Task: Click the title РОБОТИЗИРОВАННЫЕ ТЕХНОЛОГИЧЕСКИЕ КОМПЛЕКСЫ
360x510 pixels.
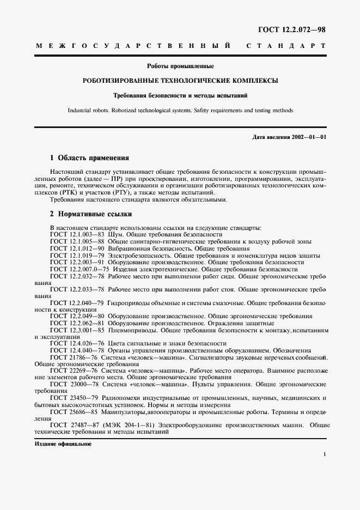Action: tap(180, 81)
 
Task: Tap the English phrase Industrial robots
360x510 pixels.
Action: tap(88, 110)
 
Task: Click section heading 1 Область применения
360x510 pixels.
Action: tap(89, 158)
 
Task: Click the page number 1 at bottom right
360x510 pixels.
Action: tap(324, 453)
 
